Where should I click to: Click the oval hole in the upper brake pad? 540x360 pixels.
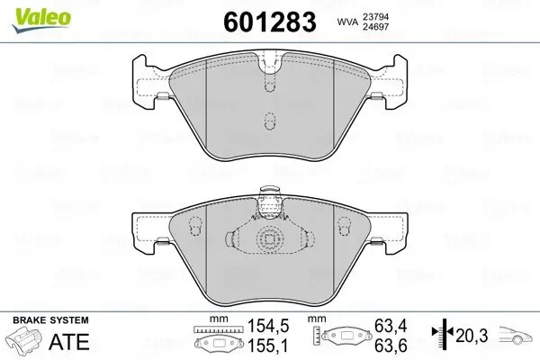coord(266,121)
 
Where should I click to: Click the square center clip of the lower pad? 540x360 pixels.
coord(267,241)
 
